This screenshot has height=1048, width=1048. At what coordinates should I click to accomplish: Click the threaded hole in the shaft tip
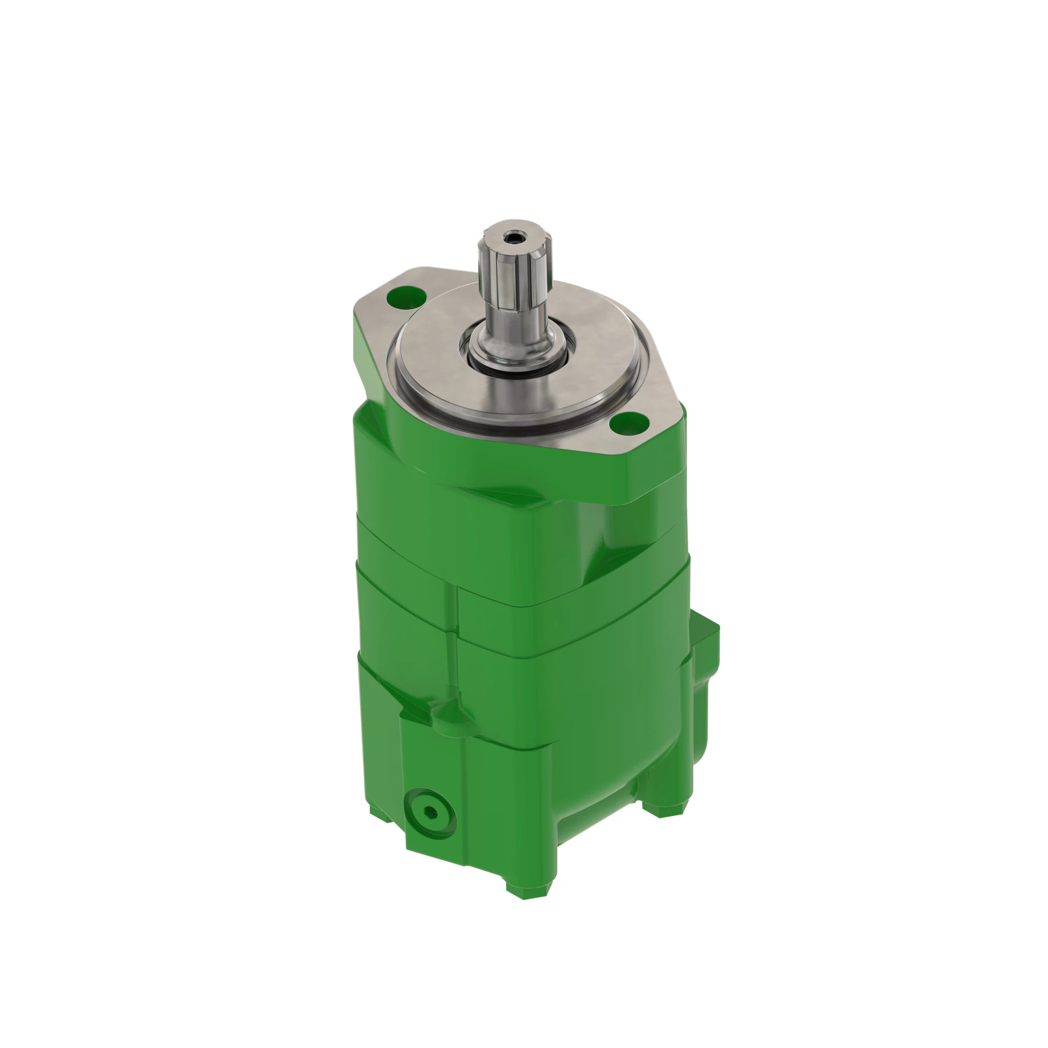click(x=511, y=236)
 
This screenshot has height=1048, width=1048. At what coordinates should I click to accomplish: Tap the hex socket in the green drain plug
click(x=431, y=812)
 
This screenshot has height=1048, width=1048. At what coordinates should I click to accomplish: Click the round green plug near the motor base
click(x=431, y=812)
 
